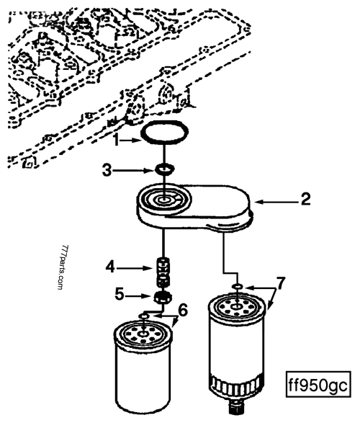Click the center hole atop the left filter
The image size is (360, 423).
(x=146, y=334)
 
